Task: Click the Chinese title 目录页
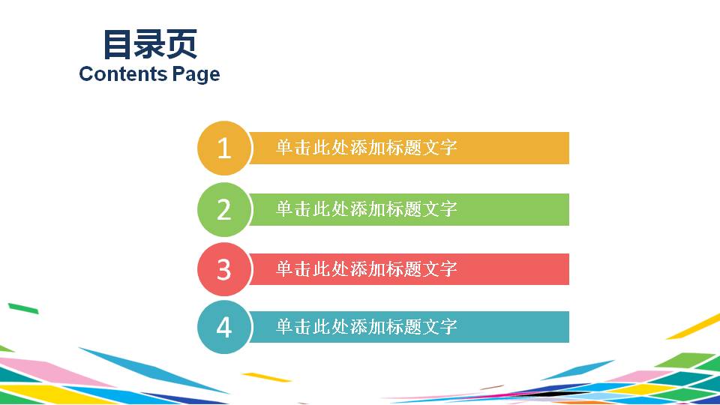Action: (149, 44)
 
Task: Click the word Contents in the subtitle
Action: (122, 74)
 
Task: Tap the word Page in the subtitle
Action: (196, 74)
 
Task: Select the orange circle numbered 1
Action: (223, 148)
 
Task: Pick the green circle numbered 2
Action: (223, 209)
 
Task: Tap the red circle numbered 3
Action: (223, 269)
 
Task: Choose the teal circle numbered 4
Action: (223, 327)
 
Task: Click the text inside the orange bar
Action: (366, 148)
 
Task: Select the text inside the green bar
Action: (366, 209)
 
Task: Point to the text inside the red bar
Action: (366, 269)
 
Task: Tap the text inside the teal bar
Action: (366, 327)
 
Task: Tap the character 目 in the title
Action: (117, 44)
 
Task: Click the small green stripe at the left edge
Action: (22, 307)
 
